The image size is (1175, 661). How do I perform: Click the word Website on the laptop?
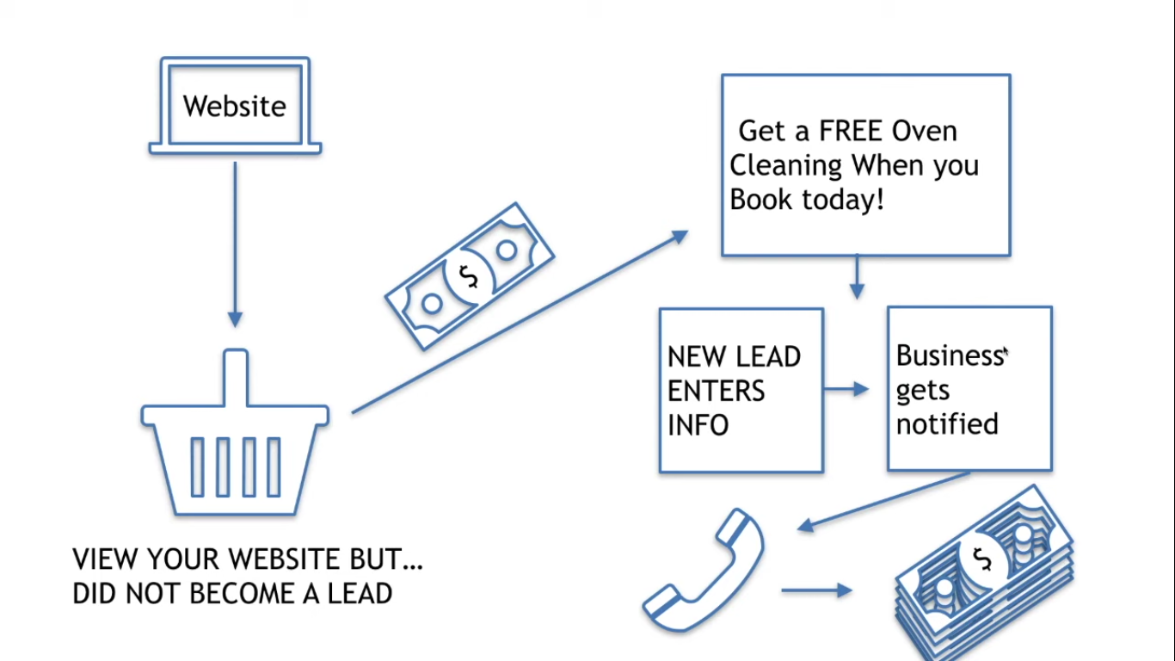[x=234, y=106]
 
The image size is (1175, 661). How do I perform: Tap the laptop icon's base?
[x=235, y=149]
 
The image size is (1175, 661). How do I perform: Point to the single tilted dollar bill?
[x=469, y=276]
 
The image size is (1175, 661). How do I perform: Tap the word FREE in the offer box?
[x=852, y=131]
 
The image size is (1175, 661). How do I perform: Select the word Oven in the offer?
[x=924, y=131]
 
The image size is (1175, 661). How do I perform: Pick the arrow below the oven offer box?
[x=856, y=277]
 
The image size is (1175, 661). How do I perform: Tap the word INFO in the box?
[x=698, y=425]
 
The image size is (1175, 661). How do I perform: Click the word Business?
[x=948, y=355]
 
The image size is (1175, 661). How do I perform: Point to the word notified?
[x=947, y=424]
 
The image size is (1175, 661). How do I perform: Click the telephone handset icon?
[x=704, y=571]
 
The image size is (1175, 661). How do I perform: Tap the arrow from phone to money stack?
[x=816, y=590]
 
